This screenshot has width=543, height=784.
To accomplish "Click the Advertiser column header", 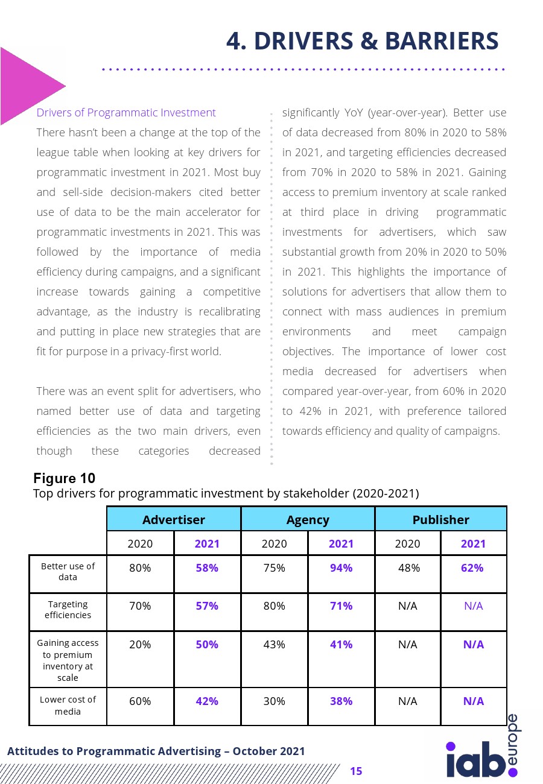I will point(174,519).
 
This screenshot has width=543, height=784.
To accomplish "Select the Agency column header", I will point(308,519).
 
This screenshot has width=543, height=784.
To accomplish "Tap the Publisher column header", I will point(440,519).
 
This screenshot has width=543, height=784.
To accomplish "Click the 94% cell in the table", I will point(341,568).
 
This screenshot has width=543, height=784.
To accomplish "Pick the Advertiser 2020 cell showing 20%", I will point(140,645).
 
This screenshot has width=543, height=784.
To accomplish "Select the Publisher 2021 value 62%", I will point(473,568).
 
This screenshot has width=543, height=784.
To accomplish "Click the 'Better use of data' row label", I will point(68,572).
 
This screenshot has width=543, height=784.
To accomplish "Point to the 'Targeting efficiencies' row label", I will point(68,610).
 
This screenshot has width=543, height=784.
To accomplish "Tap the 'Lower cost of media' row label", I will point(68,706).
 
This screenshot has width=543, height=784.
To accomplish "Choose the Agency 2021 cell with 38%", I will point(341,701).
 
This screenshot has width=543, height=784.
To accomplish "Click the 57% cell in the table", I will point(207,606).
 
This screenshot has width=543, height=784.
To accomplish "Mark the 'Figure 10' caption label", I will point(64,479).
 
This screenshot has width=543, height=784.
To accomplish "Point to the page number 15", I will point(356,771).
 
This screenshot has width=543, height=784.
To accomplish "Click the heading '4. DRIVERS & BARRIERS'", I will point(362,41).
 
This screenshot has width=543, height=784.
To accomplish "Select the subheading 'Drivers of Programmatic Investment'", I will point(126,113).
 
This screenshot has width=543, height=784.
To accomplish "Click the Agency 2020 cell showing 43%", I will point(274,645).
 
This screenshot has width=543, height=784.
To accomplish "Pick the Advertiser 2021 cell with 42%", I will point(207,701).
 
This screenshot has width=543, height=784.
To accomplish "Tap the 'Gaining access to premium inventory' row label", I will point(68,660).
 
